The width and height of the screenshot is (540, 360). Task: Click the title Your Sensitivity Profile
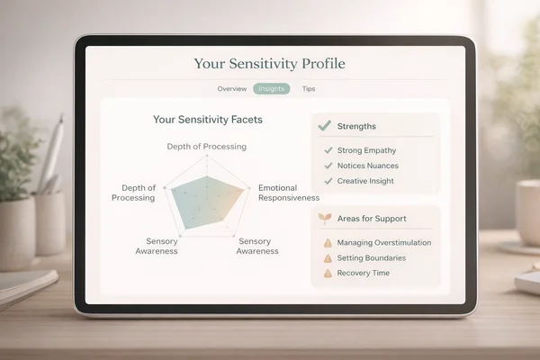(x=269, y=64)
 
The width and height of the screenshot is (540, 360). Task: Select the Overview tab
(x=232, y=89)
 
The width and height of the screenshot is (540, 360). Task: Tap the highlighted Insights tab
(x=272, y=89)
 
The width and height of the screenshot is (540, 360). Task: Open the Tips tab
(x=309, y=89)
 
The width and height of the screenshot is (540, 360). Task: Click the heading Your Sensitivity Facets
(x=208, y=120)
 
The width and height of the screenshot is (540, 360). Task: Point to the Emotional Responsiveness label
(x=289, y=193)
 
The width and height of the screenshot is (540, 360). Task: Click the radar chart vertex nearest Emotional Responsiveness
(x=249, y=188)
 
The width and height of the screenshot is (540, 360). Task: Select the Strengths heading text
(x=356, y=126)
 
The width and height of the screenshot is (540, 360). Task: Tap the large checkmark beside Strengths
(x=324, y=125)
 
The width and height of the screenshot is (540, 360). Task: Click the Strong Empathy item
(x=366, y=150)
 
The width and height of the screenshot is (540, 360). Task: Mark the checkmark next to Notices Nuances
(x=328, y=166)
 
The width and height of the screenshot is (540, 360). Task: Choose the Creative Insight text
(x=365, y=181)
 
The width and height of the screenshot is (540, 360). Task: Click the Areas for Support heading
(x=372, y=219)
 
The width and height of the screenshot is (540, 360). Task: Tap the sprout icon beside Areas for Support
(x=324, y=219)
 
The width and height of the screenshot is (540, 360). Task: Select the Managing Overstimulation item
(x=384, y=242)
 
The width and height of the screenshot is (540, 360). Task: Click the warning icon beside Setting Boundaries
(x=328, y=258)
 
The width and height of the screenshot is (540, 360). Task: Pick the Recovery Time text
(x=364, y=274)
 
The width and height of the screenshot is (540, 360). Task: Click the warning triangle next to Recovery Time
(x=328, y=274)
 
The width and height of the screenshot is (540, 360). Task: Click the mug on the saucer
(x=528, y=212)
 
